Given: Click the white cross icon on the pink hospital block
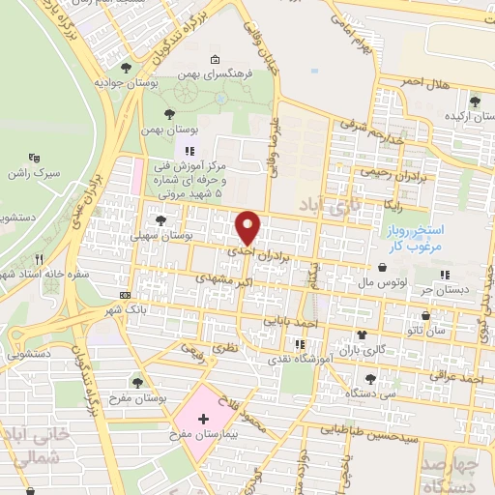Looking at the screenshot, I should (203, 419).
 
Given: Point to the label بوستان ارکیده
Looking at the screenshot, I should (467, 115).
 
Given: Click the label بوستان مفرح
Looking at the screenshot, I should (132, 398).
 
